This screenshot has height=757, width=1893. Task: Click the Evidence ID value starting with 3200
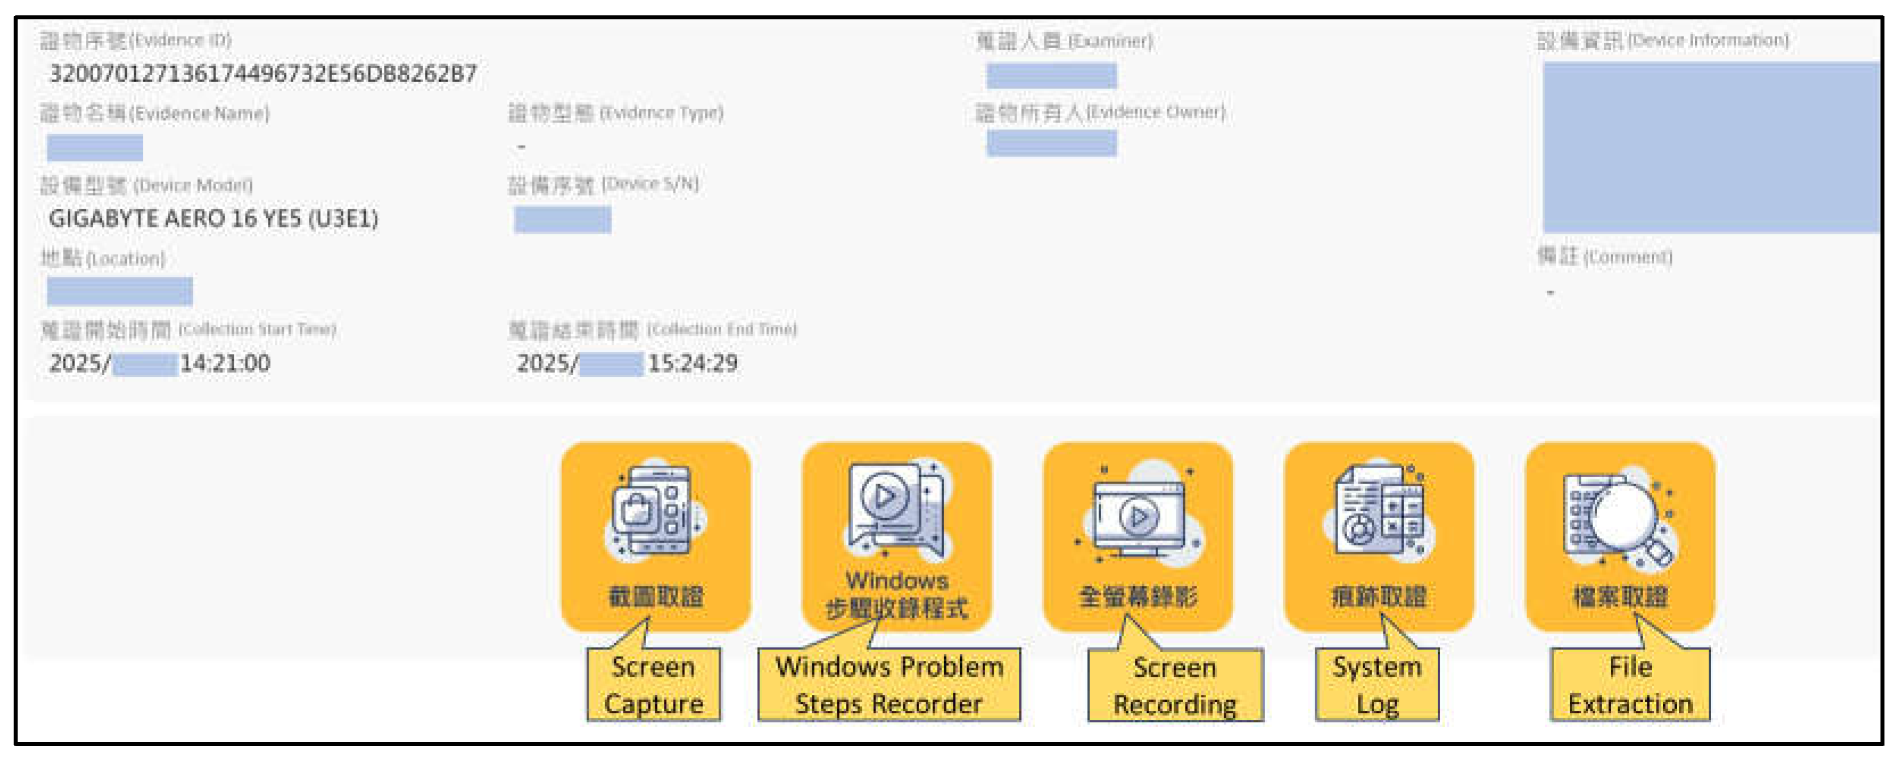pos(262,73)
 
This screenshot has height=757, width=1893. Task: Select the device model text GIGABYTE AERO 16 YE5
pos(213,218)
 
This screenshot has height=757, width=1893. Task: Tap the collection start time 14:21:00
pos(225,363)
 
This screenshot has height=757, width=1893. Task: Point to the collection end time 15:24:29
pos(692,363)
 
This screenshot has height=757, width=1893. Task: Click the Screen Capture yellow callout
pos(654,684)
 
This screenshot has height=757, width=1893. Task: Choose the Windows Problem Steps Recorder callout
pos(888,684)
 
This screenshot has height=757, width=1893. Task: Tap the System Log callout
pos(1377,684)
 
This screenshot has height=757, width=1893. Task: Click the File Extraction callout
pos(1629,684)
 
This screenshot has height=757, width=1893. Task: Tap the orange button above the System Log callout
pos(1379,536)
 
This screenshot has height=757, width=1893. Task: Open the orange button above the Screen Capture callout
pos(655,536)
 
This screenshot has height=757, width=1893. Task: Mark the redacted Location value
pos(120,291)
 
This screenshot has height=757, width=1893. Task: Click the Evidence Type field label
pos(616,113)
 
